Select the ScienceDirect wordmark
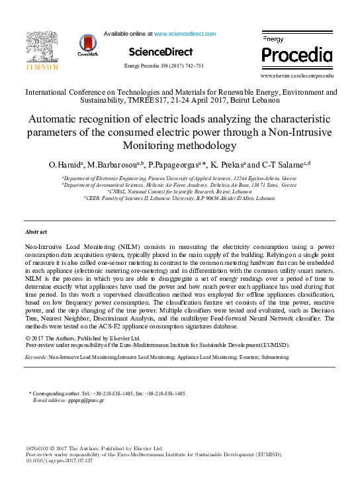pos(161,52)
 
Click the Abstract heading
pos(36,232)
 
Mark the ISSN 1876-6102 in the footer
pos(36,448)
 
